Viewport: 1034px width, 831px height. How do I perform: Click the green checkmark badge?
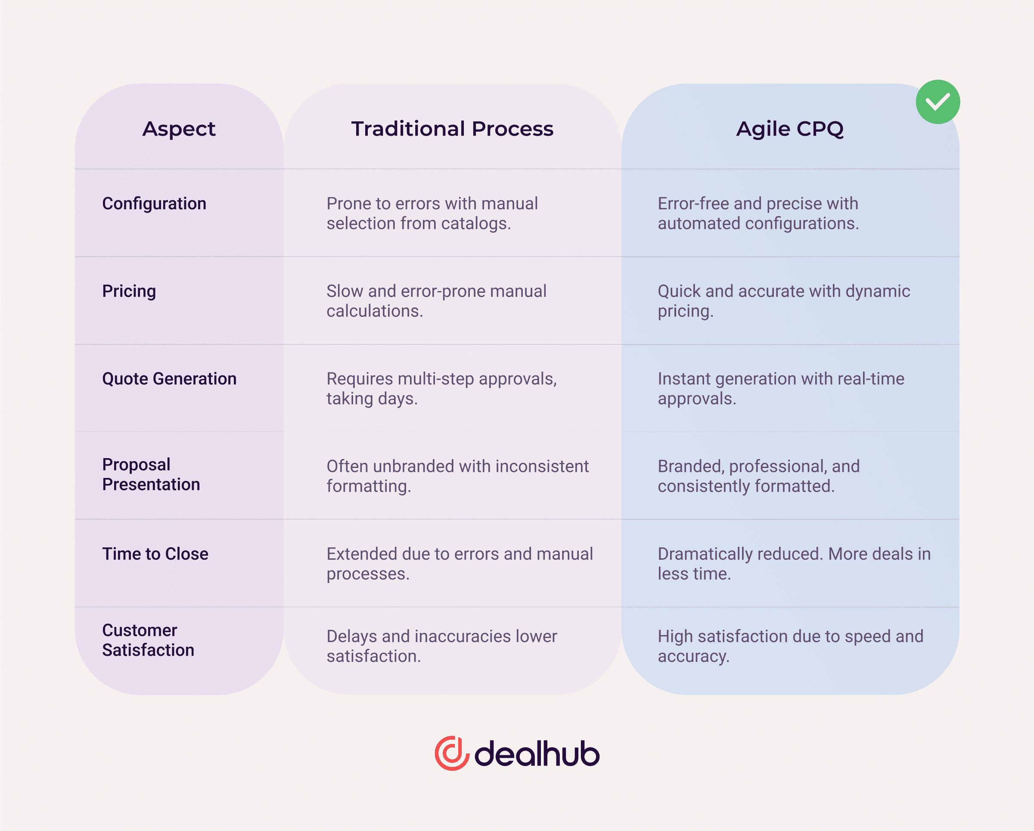(938, 102)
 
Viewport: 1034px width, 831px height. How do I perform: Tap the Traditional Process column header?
(452, 128)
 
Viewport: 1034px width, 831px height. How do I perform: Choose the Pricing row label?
(129, 291)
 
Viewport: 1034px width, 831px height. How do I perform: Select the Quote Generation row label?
(169, 379)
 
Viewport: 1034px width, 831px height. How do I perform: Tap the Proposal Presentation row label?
(151, 474)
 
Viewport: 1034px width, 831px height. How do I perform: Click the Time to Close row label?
(155, 554)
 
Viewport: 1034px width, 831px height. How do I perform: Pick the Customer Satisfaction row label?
(148, 640)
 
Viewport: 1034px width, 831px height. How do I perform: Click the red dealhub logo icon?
(452, 753)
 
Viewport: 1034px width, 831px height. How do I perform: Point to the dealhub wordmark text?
(537, 753)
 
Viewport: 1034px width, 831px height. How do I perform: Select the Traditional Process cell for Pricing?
(436, 301)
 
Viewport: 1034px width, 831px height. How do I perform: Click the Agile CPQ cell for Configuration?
(758, 214)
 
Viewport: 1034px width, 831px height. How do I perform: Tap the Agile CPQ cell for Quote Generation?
(781, 389)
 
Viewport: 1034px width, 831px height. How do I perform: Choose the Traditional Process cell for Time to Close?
(460, 564)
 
